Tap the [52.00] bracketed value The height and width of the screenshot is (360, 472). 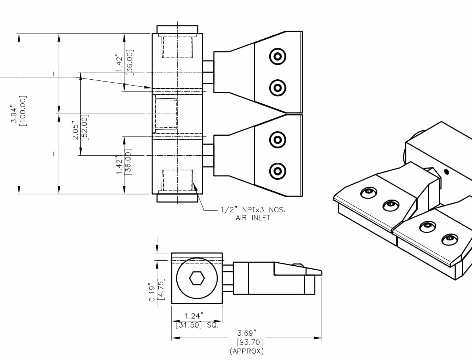[84, 128]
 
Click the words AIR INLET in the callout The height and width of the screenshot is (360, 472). [253, 218]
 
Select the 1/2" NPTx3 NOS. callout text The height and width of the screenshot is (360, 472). [253, 210]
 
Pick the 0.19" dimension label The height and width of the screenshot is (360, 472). [152, 292]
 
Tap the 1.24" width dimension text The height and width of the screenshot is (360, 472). [194, 316]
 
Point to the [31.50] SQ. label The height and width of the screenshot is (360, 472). [197, 325]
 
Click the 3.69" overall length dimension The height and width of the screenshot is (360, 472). [247, 333]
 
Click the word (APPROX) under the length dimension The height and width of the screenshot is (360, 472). [247, 351]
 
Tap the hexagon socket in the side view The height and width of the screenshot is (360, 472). [197, 278]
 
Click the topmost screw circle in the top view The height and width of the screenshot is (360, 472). [277, 57]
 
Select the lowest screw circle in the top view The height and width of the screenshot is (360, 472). [277, 171]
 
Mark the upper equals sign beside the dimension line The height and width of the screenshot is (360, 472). [55, 74]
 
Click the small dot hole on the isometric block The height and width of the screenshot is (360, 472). [447, 171]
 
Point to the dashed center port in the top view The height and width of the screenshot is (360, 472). [165, 114]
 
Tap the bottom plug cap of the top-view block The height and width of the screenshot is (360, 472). [177, 198]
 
